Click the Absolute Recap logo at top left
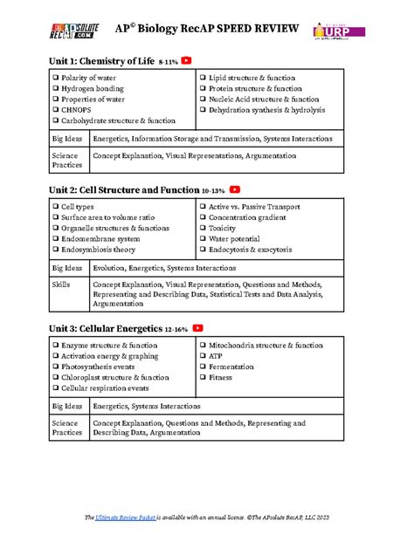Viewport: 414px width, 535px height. pos(75,31)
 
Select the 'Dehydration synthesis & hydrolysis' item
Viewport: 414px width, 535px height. pos(266,110)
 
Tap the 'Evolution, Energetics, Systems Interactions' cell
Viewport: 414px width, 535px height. pos(164,268)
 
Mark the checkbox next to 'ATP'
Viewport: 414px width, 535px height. pos(204,356)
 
